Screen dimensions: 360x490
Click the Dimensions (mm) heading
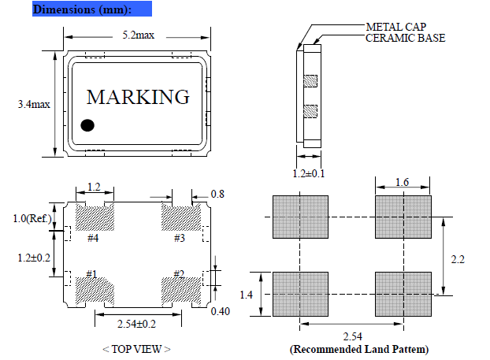tap(81, 10)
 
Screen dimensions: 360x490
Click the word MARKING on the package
tap(138, 97)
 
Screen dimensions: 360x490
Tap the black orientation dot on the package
tap(88, 124)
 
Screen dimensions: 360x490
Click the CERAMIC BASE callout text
tap(406, 38)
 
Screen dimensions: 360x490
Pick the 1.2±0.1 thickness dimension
tap(310, 173)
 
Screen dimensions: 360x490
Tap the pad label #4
tap(92, 237)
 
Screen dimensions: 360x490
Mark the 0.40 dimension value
tap(222, 311)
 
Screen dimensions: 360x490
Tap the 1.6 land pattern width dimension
tap(403, 183)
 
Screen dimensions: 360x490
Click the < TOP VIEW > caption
tap(137, 348)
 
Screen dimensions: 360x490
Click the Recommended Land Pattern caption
tap(359, 348)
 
